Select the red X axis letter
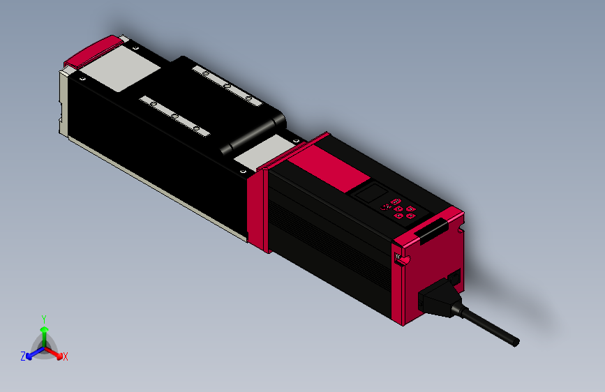pos(66,356)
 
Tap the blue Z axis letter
pos(23,356)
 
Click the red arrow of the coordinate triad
pos(56,351)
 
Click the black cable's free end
pos(515,342)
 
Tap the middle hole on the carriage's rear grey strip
pos(227,84)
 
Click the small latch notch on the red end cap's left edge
pos(401,260)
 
